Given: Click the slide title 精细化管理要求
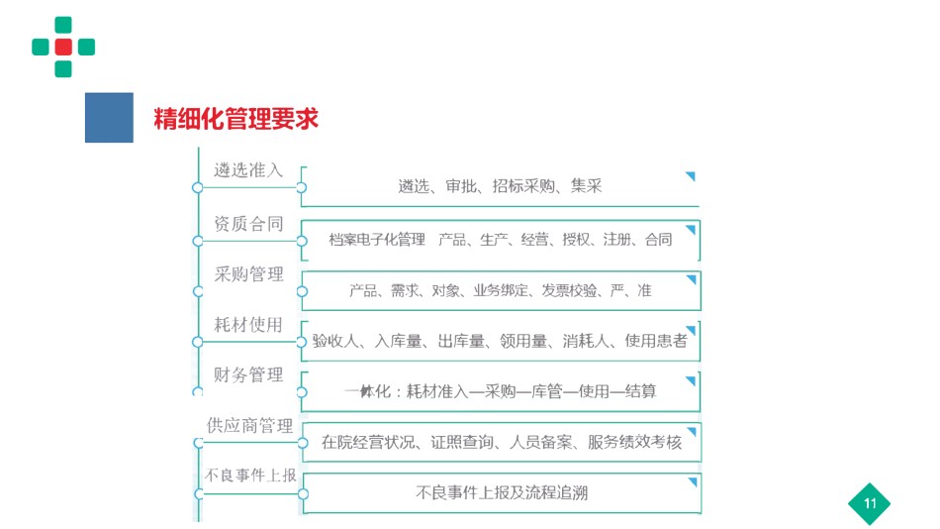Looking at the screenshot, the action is click(235, 119).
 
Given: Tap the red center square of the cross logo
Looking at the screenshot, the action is click(63, 47).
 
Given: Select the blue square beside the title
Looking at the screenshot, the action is click(109, 118).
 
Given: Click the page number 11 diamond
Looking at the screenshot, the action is click(870, 504).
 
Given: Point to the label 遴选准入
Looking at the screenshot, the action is click(248, 170).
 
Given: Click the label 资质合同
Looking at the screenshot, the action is click(248, 224).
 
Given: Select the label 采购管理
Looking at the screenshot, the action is click(248, 274).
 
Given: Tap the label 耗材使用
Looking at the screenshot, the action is click(248, 325).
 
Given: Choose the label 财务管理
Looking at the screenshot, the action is click(248, 375).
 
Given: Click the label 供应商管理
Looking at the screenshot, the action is click(249, 426).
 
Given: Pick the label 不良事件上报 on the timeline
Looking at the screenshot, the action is click(250, 476).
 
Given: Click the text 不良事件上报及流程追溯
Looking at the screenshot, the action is click(502, 493).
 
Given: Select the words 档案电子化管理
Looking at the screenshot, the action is click(377, 240).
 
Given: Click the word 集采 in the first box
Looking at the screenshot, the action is click(587, 186).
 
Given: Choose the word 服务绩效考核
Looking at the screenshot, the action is click(635, 443).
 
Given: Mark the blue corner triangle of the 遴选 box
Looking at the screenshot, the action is click(691, 176).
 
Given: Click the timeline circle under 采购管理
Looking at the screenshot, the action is click(198, 292).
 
